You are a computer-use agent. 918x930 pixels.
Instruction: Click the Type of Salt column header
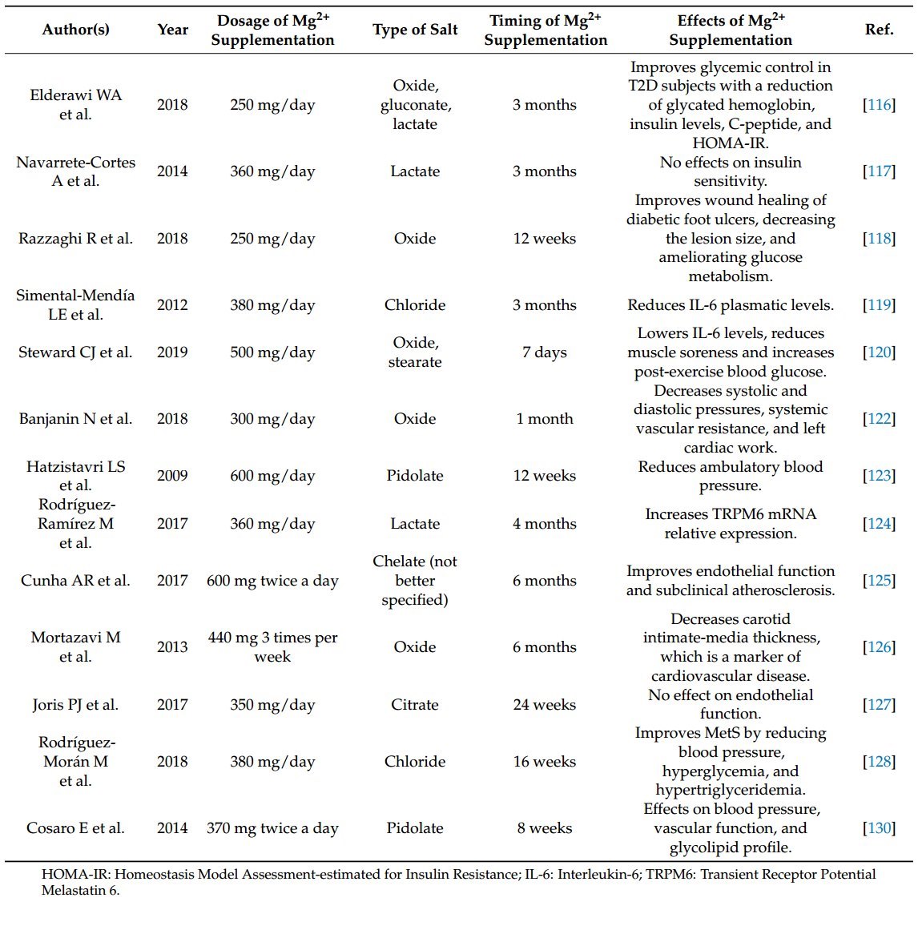pos(415,30)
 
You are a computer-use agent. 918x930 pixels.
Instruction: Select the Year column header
pos(172,30)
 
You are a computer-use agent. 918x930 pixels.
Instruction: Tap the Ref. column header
pos(879,30)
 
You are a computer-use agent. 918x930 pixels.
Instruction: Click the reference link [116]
pos(879,105)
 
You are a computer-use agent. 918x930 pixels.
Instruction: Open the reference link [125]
pos(879,581)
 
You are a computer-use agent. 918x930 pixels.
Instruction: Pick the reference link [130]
pos(879,828)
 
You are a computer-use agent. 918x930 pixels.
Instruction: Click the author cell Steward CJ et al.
pos(75,352)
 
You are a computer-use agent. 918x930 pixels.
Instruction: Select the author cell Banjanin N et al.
pos(75,419)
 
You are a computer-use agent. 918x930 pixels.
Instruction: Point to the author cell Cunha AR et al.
pos(75,581)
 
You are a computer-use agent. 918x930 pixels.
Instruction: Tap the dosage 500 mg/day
pos(272,352)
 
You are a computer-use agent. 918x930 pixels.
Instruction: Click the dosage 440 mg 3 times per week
pos(272,647)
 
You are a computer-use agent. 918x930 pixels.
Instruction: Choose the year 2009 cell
pos(172,476)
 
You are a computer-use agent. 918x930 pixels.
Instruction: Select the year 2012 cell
pos(172,305)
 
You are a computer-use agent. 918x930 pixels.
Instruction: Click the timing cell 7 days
pos(545,352)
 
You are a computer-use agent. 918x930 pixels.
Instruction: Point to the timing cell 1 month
pos(545,419)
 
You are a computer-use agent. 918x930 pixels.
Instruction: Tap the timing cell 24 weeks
pos(545,705)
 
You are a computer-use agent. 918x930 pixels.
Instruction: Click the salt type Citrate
pos(415,705)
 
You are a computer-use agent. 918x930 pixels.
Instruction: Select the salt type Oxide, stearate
pos(415,352)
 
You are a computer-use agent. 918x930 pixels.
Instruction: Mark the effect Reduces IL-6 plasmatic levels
pos(731,305)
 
